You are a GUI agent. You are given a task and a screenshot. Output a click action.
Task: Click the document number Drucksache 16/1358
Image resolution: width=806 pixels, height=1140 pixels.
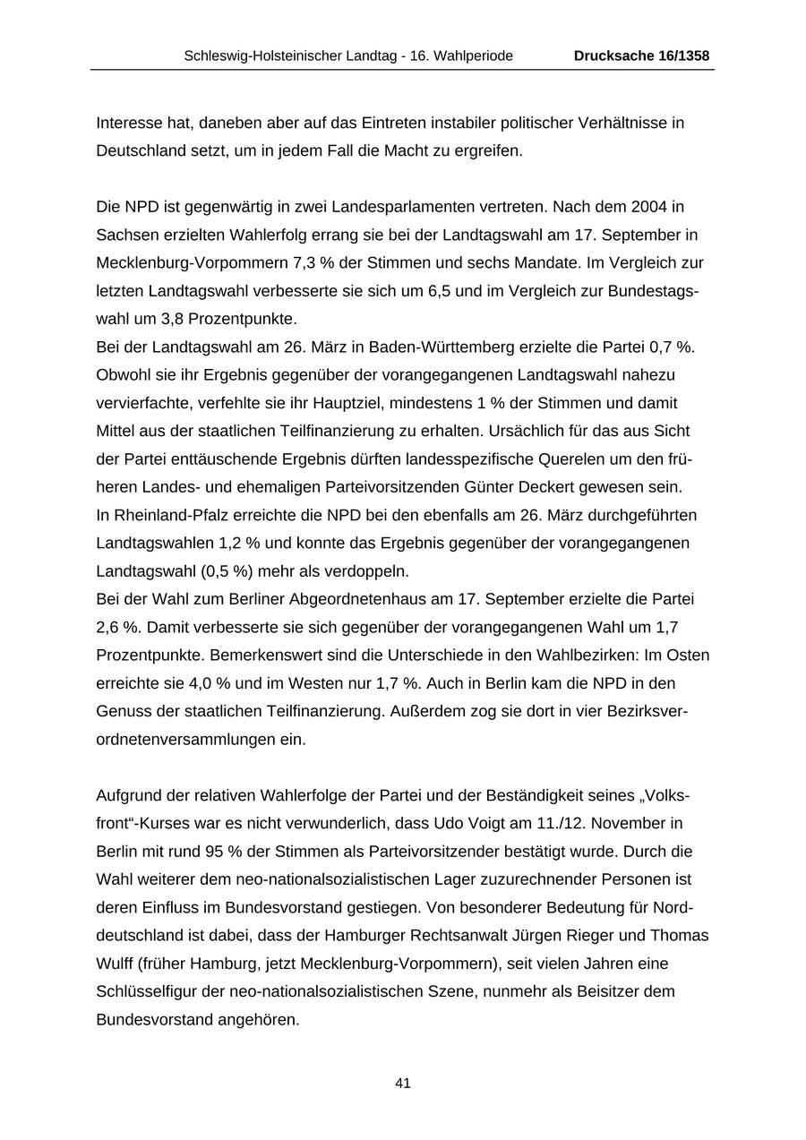641,56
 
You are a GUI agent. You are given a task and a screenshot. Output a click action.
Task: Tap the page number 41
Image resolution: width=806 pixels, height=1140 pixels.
403,1083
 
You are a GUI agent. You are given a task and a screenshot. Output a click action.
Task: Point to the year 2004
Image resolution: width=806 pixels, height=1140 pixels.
648,207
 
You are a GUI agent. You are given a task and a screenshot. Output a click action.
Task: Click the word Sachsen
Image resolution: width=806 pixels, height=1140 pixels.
123,235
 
